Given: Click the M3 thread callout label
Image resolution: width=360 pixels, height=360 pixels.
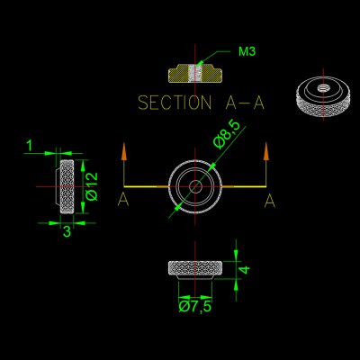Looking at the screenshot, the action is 247,51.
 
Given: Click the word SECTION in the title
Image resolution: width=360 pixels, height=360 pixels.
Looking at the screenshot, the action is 175,103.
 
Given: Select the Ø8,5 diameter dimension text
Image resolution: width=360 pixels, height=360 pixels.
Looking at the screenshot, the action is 227,134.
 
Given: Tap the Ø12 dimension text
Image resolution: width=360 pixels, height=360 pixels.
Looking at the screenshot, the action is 92,186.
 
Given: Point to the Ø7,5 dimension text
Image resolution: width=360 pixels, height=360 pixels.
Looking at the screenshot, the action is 195,307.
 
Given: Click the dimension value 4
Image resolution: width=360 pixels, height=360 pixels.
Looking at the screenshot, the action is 245,270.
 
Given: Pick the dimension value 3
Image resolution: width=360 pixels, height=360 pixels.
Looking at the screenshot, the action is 67,231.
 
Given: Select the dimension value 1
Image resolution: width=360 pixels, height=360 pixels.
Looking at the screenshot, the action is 30,146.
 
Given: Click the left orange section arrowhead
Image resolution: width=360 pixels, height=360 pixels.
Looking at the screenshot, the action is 124,153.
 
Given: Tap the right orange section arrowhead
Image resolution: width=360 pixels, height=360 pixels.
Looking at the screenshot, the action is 265,153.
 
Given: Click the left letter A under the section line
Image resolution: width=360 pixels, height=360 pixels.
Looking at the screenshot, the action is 123,200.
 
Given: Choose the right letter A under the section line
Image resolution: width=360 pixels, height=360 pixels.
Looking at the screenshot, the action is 270,201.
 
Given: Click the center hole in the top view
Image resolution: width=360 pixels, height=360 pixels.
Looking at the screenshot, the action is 195,186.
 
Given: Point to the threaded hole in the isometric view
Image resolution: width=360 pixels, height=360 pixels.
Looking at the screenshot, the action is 323,88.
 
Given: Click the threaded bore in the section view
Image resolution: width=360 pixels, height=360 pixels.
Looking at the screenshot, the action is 195,73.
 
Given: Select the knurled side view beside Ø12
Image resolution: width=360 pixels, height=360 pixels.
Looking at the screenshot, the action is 67,186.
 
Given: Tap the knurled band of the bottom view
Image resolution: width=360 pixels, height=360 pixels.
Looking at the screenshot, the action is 195,267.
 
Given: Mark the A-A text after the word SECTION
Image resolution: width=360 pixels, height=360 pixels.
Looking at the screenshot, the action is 245,103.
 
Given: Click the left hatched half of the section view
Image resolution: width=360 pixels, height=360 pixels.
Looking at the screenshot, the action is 178,74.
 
